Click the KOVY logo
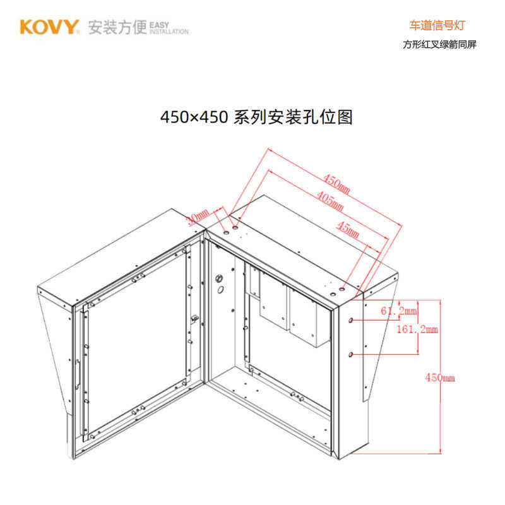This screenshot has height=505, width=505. (x=49, y=27)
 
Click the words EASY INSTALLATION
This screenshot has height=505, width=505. (x=169, y=27)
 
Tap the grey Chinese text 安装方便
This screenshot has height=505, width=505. (x=117, y=27)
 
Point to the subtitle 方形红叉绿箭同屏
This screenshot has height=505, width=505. (x=439, y=45)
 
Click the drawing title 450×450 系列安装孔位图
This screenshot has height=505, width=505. (x=256, y=117)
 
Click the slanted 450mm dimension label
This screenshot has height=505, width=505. (x=336, y=181)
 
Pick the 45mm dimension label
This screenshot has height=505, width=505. (x=348, y=230)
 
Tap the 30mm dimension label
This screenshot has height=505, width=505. (x=197, y=217)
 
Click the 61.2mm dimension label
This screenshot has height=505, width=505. (x=399, y=311)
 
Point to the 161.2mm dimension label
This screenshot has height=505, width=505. (x=416, y=329)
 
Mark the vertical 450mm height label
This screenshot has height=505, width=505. (x=439, y=377)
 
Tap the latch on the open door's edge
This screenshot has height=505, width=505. (x=195, y=318)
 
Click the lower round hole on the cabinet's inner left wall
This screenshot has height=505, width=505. (x=221, y=290)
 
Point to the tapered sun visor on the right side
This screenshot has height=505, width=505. (x=379, y=341)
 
